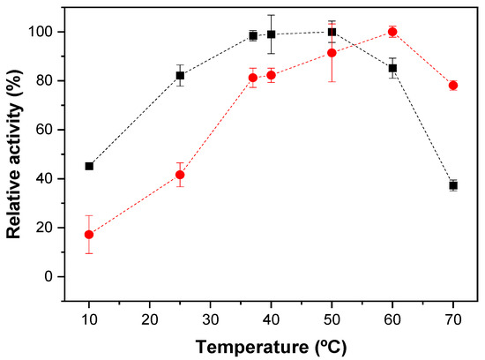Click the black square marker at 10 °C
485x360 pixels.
coord(89,166)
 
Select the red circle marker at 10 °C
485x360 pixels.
coord(89,235)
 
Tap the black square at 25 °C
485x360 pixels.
coord(180,76)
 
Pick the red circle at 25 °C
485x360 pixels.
coord(180,175)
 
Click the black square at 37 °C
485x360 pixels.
coord(253,35)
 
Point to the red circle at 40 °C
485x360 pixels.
coord(272,75)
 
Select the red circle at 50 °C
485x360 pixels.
coord(332,53)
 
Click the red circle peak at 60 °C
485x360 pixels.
coord(392,32)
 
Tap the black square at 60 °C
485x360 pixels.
coord(392,68)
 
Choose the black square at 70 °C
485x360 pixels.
coord(453,185)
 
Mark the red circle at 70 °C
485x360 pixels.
coord(453,86)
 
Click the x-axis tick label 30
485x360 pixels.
coord(211,319)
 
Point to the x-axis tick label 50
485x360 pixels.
coord(332,319)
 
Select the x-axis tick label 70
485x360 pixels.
coord(453,319)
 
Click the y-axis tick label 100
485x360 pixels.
coord(41,32)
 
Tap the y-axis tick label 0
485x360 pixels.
coord(48,276)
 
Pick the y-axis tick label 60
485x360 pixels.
coord(45,130)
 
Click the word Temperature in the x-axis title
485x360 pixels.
coord(252,347)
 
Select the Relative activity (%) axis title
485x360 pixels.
coord(14,154)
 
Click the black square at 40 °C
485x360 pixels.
coord(272,34)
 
